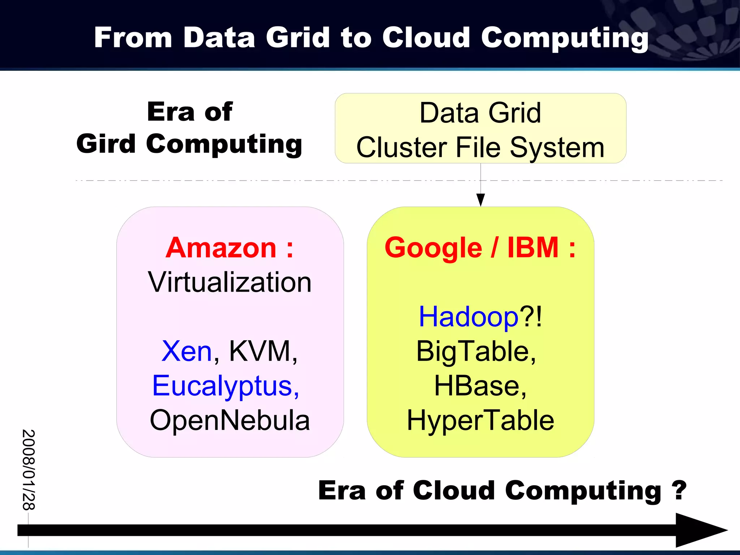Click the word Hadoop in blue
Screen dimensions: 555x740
(468, 317)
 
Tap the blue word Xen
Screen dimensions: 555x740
(186, 351)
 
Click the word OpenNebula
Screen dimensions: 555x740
(230, 420)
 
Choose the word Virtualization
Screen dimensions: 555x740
(230, 282)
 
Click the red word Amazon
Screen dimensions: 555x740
(221, 248)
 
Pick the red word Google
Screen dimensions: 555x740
(433, 248)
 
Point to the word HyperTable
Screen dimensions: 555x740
(481, 420)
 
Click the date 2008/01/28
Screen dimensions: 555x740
(29, 470)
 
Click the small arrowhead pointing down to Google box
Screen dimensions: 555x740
(481, 200)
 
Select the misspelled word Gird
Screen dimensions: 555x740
(106, 144)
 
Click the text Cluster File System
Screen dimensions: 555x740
(481, 147)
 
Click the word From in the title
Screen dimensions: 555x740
(133, 37)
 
